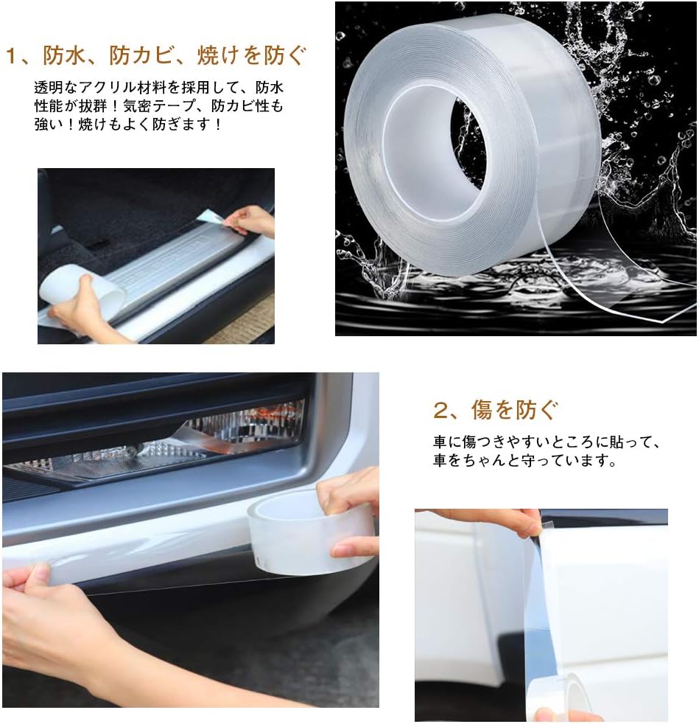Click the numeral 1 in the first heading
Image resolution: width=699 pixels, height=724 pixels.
coord(14,57)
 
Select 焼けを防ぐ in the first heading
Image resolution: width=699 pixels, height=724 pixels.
coord(251,56)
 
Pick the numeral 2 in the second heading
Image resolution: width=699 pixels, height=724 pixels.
coord(440,410)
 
